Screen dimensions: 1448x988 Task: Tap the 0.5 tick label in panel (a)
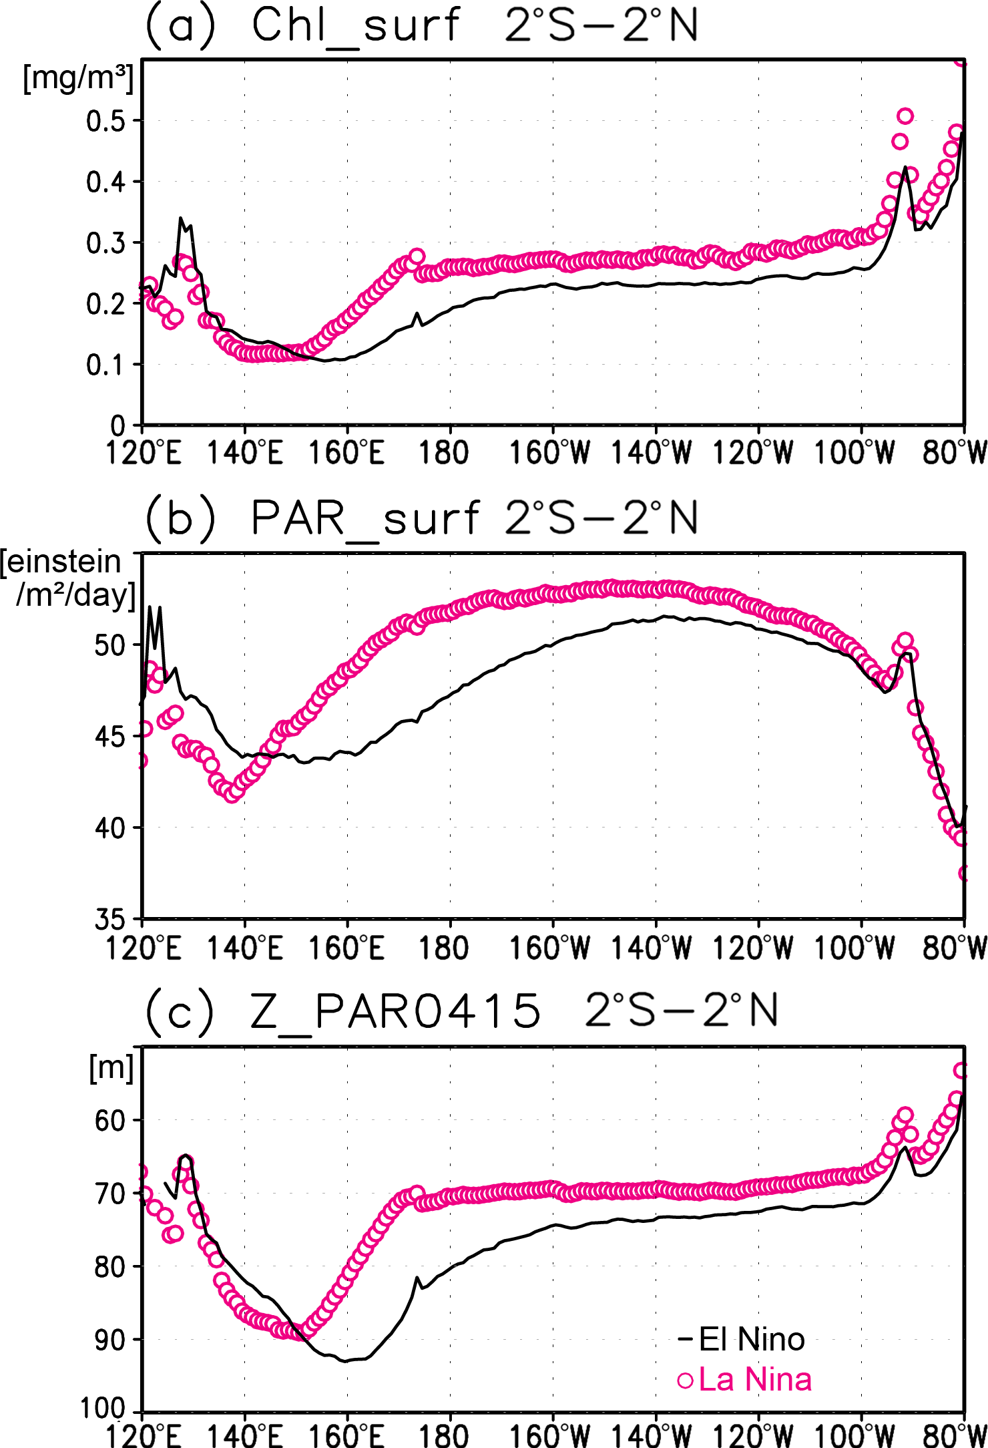click(105, 121)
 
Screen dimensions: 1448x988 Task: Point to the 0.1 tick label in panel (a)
click(105, 365)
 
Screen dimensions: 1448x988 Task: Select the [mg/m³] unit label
click(78, 79)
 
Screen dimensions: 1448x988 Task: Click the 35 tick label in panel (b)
click(110, 920)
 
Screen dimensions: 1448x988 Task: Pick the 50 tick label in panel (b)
click(110, 645)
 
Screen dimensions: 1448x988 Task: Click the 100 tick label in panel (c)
click(103, 1408)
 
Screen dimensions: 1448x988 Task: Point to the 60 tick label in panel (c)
click(110, 1120)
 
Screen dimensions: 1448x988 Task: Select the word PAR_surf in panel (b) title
click(364, 518)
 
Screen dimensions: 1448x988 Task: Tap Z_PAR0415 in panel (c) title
click(395, 1011)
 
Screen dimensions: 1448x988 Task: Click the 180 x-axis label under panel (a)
click(443, 453)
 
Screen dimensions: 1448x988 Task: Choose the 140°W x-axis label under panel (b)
click(652, 948)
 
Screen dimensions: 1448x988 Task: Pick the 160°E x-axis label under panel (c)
click(346, 1435)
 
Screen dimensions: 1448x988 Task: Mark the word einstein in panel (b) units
click(61, 562)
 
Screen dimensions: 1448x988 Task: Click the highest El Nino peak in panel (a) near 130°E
click(181, 218)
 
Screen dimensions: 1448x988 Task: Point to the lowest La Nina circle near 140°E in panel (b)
click(232, 794)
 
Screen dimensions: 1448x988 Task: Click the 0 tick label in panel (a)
click(117, 425)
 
